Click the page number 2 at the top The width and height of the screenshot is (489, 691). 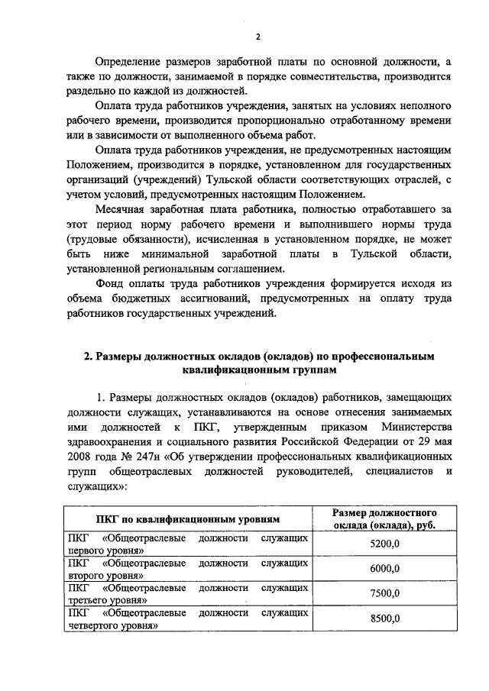(x=257, y=36)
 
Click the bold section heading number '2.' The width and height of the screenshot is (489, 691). (x=89, y=356)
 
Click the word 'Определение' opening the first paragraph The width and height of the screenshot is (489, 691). (x=131, y=62)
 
